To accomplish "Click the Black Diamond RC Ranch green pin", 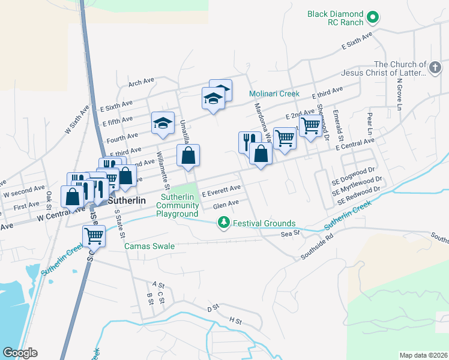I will point(372,17).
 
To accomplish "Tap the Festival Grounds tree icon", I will point(224,223).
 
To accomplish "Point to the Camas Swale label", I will point(149,246).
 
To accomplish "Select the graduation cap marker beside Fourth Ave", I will point(163,122).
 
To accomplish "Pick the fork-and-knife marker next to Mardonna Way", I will point(249,142).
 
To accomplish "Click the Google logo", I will point(20,353).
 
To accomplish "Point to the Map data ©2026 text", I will point(423,355).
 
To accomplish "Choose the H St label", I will point(235,321).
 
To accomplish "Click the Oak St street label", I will point(49,197).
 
